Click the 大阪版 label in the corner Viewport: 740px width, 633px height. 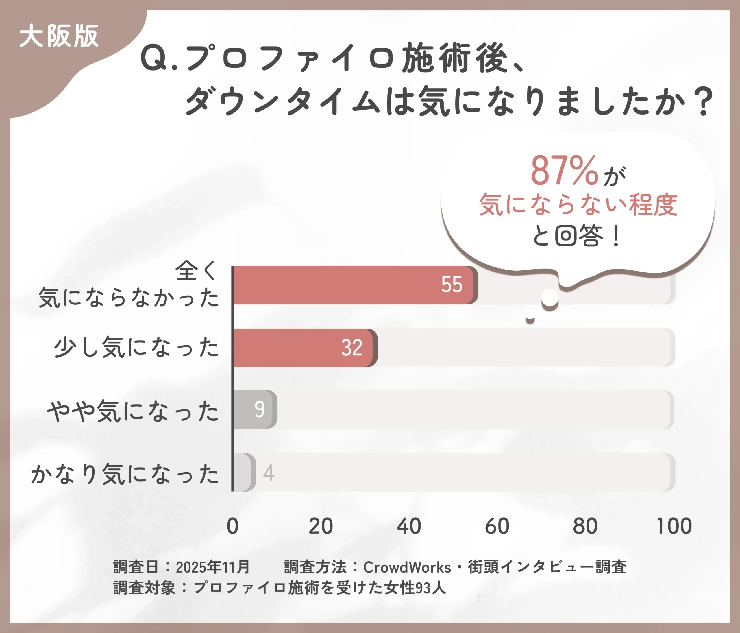pyautogui.click(x=59, y=36)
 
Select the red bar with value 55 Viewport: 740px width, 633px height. pyautogui.click(x=354, y=285)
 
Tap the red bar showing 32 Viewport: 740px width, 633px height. pyautogui.click(x=304, y=348)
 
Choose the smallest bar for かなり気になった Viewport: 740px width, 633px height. pyautogui.click(x=244, y=472)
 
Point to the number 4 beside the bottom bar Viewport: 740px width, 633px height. pyautogui.click(x=269, y=473)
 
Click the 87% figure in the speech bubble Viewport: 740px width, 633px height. pyautogui.click(x=564, y=171)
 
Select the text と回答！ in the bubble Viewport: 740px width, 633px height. pyautogui.click(x=576, y=236)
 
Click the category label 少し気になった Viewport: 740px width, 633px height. pyautogui.click(x=136, y=348)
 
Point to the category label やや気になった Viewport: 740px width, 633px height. pyautogui.click(x=133, y=411)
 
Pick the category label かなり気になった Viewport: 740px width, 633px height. pyautogui.click(x=125, y=474)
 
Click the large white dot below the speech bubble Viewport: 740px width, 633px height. pyautogui.click(x=550, y=297)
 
